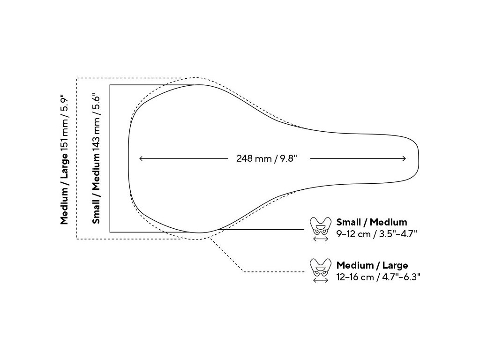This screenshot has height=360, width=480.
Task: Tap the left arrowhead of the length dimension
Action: (x=141, y=158)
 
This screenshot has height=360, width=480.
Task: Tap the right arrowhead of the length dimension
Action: (x=405, y=158)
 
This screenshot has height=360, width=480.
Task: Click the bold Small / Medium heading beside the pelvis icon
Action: (x=372, y=222)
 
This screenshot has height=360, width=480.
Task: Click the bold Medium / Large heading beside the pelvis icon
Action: (x=372, y=266)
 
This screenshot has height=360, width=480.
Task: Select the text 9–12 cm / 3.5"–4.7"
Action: (x=377, y=233)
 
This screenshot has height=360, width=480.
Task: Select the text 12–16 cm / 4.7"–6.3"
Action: (x=378, y=277)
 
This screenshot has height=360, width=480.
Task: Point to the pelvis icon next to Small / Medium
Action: (x=321, y=226)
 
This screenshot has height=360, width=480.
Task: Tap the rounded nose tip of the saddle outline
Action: (x=418, y=158)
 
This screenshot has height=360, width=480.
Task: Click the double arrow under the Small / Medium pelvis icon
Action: (x=321, y=239)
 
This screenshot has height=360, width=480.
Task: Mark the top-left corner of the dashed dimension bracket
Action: (x=76, y=78)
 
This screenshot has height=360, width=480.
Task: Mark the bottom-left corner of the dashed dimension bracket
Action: (x=76, y=239)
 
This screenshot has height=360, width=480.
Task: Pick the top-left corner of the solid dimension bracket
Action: (x=110, y=85)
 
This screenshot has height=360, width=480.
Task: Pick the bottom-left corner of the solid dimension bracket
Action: (x=110, y=232)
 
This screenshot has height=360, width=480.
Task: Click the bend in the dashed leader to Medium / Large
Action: (x=243, y=271)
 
